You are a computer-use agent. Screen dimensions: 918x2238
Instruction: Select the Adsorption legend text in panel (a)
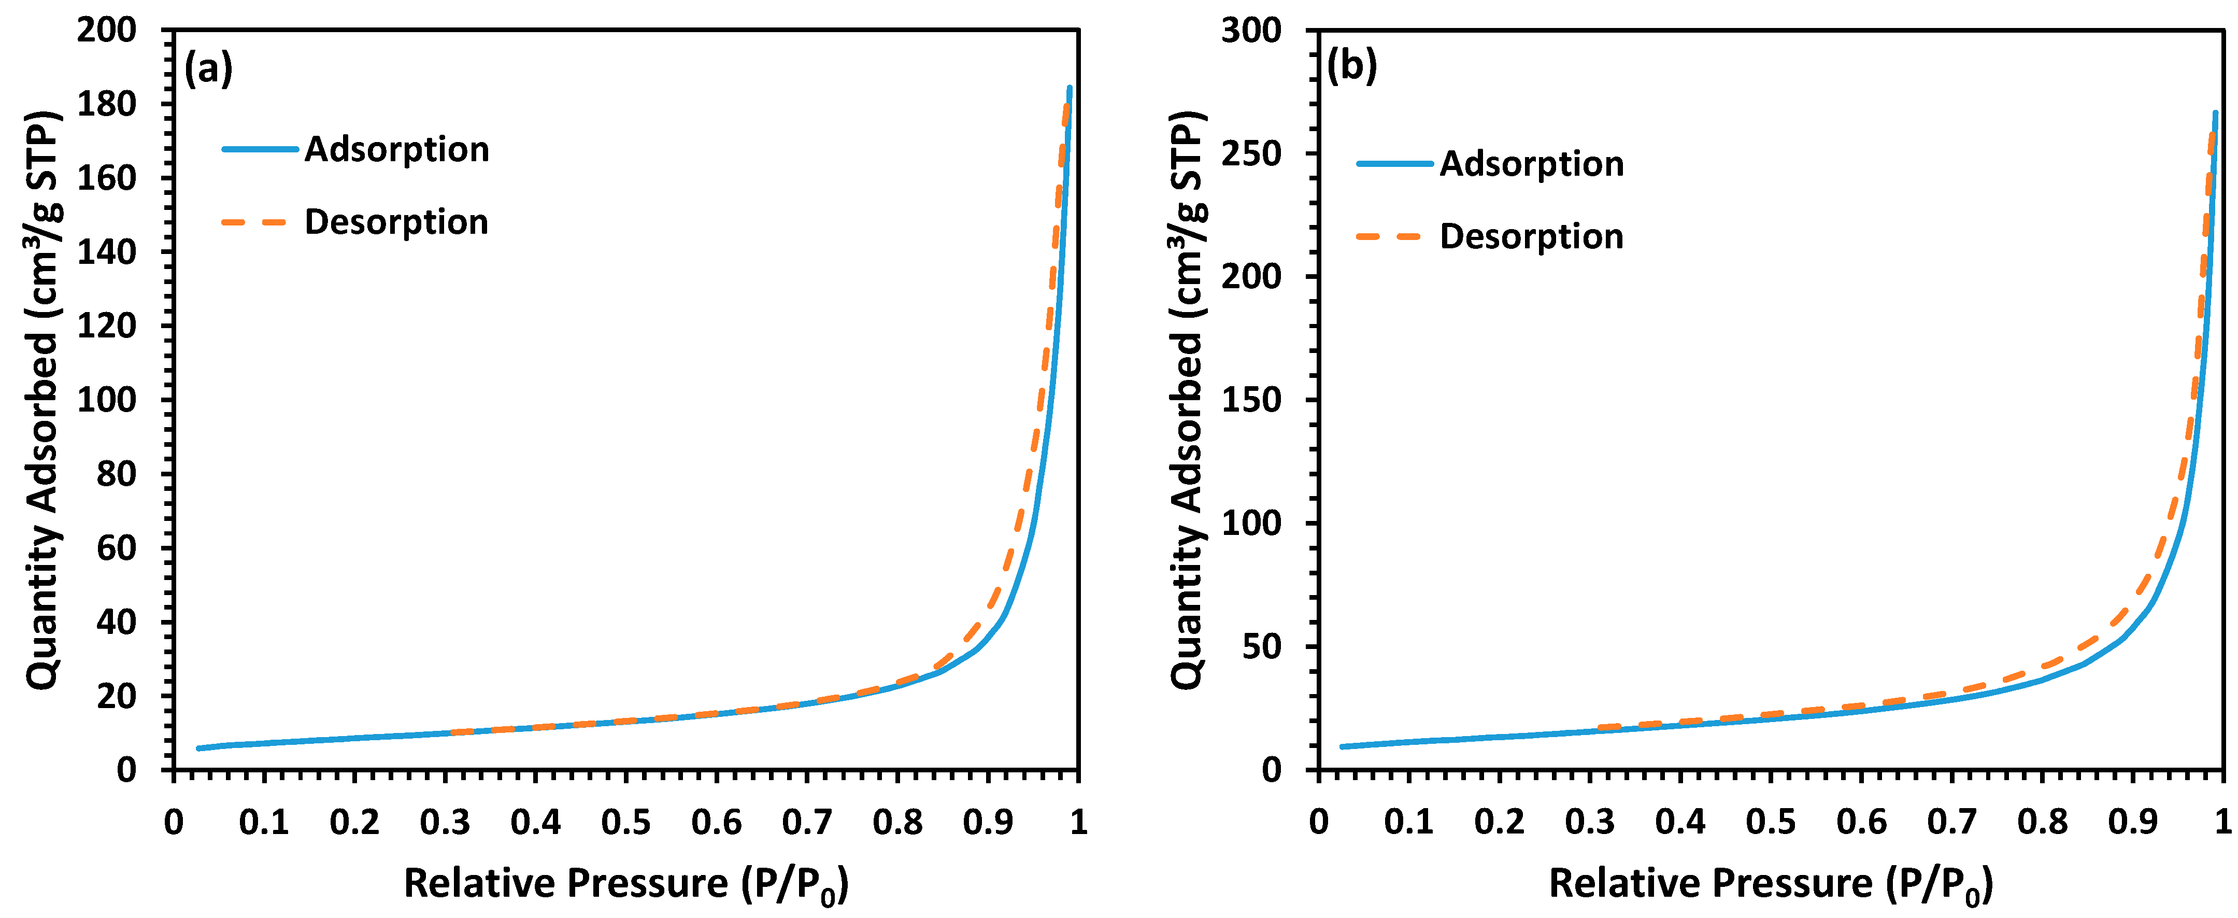(396, 149)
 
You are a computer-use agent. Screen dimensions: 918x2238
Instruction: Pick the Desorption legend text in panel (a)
(396, 222)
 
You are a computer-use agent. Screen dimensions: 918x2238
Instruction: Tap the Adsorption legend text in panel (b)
(1532, 164)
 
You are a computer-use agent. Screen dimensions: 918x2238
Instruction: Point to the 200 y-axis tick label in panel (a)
(107, 31)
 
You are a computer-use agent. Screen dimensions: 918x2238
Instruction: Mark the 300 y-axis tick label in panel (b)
(1251, 31)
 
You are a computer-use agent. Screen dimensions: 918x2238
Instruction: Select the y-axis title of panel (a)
(41, 400)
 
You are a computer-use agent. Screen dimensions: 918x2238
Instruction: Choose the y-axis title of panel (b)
(1187, 400)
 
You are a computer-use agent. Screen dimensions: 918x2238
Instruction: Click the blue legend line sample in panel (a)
(260, 149)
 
